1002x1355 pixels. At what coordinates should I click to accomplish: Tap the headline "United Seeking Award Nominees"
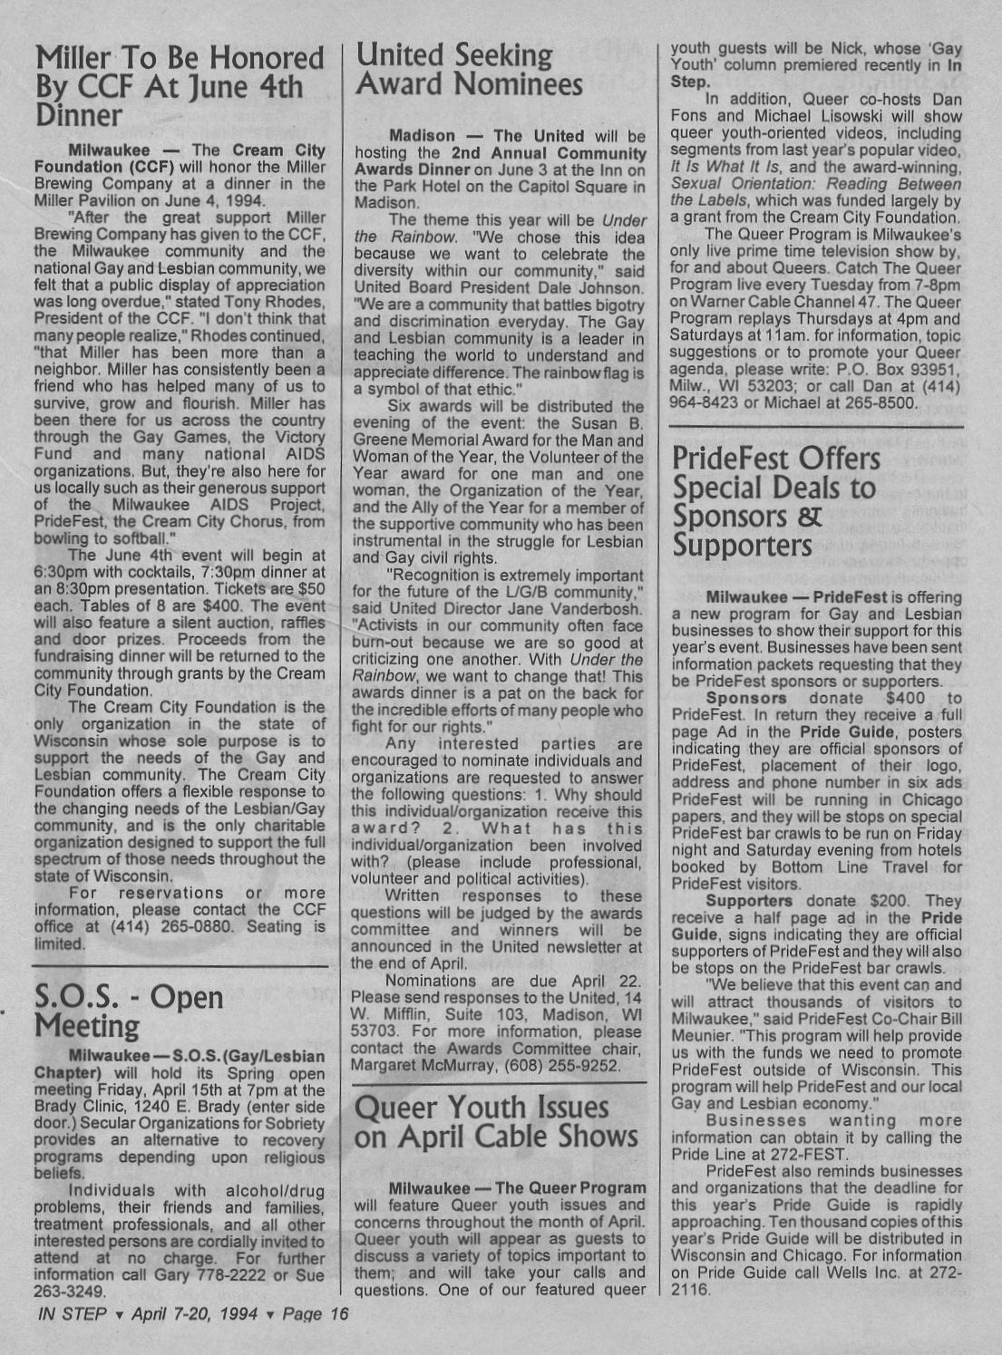pyautogui.click(x=469, y=70)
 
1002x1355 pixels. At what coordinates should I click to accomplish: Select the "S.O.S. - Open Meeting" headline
pyautogui.click(x=128, y=1011)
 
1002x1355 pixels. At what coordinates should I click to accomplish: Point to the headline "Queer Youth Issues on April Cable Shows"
pyautogui.click(x=496, y=1121)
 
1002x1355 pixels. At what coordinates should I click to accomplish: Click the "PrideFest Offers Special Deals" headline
pyautogui.click(x=776, y=501)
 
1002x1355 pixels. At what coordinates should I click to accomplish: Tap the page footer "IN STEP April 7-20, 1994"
pyautogui.click(x=190, y=1313)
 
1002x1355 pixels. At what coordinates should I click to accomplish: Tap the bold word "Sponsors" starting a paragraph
pyautogui.click(x=746, y=699)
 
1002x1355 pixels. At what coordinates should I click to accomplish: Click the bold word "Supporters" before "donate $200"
pyautogui.click(x=749, y=901)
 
